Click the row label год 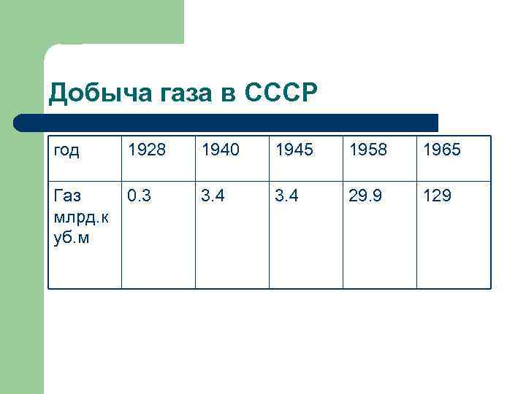click(x=67, y=150)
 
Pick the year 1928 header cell click(x=146, y=150)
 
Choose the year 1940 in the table click(x=220, y=150)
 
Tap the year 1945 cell click(x=294, y=150)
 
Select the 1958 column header click(x=367, y=150)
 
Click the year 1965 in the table click(x=441, y=150)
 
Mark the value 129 click(x=435, y=196)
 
